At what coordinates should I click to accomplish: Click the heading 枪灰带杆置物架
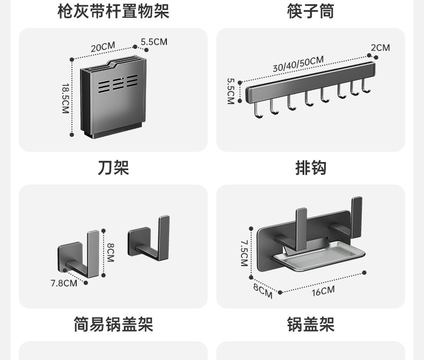point(113,11)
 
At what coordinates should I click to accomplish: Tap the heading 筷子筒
point(311,11)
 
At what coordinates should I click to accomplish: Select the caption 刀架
point(113,168)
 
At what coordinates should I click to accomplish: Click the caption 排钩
point(311,168)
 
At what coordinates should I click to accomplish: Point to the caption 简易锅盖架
point(113,325)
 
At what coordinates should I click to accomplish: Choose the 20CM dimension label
point(103,47)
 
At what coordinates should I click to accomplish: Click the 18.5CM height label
point(65,98)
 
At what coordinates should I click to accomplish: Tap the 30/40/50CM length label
point(298,63)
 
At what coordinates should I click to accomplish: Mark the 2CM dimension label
point(380,48)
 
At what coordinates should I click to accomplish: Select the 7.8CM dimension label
point(64,283)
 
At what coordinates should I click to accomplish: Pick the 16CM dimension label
point(323,291)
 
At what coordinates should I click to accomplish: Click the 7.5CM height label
point(244,253)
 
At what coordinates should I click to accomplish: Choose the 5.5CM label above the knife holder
point(154,41)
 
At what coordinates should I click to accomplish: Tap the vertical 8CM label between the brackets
point(110,252)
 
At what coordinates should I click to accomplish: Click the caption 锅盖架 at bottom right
point(311,325)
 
